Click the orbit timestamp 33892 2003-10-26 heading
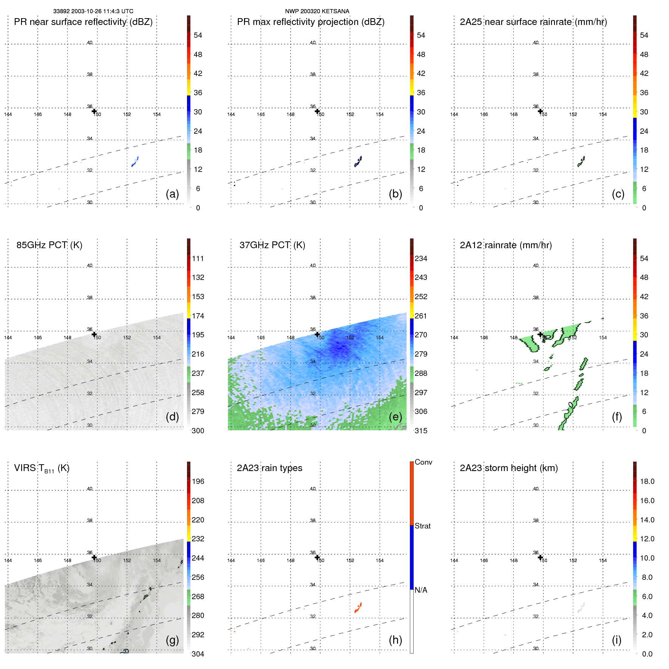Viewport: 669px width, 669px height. pyautogui.click(x=93, y=11)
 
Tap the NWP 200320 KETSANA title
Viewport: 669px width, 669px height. pyautogui.click(x=317, y=11)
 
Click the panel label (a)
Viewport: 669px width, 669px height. pyautogui.click(x=172, y=194)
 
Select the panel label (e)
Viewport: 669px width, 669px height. pyautogui.click(x=395, y=417)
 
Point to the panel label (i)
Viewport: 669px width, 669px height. pyautogui.click(x=616, y=640)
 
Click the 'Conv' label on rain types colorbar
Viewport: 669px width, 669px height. pyautogui.click(x=423, y=462)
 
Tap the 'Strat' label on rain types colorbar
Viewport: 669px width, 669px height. pyautogui.click(x=422, y=526)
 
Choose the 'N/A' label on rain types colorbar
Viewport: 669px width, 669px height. pyautogui.click(x=421, y=590)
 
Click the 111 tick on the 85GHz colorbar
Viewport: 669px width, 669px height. pyautogui.click(x=198, y=258)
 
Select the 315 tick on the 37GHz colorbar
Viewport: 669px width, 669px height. pyautogui.click(x=421, y=431)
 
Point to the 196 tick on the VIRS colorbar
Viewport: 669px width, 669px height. pyautogui.click(x=198, y=481)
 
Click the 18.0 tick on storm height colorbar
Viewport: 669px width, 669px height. pyautogui.click(x=647, y=481)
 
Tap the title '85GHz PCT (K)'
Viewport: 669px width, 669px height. pyautogui.click(x=49, y=245)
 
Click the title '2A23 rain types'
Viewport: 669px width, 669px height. pyautogui.click(x=269, y=468)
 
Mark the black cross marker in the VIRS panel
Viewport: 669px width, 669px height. pyautogui.click(x=94, y=557)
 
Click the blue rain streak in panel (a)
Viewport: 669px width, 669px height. pyautogui.click(x=135, y=162)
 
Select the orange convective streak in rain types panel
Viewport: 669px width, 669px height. pyautogui.click(x=358, y=608)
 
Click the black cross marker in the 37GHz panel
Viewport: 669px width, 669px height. pyautogui.click(x=317, y=334)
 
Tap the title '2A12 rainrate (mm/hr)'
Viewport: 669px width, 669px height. pyautogui.click(x=506, y=245)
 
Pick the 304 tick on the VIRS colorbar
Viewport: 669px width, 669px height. pyautogui.click(x=198, y=654)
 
